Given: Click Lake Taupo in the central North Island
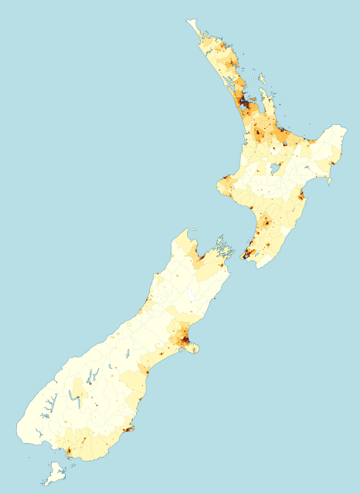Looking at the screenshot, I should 273,167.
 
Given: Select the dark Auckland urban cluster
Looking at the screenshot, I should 246,101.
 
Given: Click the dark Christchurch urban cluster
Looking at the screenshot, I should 185,340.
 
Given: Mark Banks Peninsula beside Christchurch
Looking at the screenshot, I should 194,349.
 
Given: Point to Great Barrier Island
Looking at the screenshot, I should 262,77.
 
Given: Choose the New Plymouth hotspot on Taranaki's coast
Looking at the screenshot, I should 226,184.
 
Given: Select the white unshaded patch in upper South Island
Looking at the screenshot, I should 191,294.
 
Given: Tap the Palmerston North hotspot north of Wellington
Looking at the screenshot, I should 265,224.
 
